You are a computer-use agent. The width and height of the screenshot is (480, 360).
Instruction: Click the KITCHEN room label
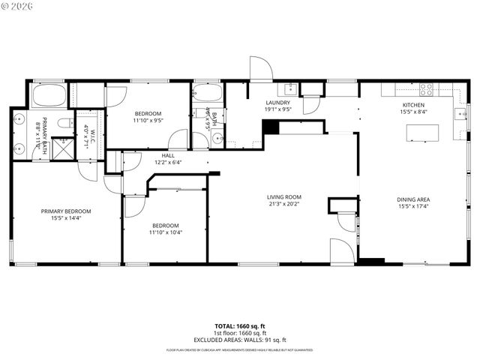click(x=413, y=105)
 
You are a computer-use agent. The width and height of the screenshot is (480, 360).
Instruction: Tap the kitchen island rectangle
click(x=422, y=133)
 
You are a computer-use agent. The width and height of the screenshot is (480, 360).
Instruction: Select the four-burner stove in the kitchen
click(x=430, y=87)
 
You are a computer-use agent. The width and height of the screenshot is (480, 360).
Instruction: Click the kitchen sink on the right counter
click(x=458, y=114)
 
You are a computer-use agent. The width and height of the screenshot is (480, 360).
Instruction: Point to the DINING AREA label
click(x=413, y=199)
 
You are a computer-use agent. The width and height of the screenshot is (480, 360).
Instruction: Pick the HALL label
click(x=169, y=155)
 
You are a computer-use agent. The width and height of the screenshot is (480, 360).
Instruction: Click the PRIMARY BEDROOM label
click(x=66, y=211)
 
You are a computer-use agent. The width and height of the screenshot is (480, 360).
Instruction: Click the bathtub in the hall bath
click(x=206, y=93)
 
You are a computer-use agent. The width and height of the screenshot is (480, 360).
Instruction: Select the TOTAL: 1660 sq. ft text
click(x=240, y=326)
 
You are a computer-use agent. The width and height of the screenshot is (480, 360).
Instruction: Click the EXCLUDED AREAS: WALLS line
click(x=240, y=340)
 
